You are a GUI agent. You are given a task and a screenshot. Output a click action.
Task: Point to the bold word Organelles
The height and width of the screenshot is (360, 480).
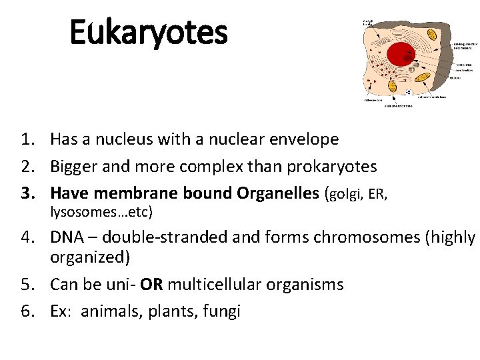pyautogui.click(x=277, y=193)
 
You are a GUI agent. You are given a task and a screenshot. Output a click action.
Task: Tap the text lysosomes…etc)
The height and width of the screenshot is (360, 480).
pyautogui.click(x=102, y=213)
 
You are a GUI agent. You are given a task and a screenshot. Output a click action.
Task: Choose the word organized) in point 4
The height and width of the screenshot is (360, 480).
pyautogui.click(x=88, y=257)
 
